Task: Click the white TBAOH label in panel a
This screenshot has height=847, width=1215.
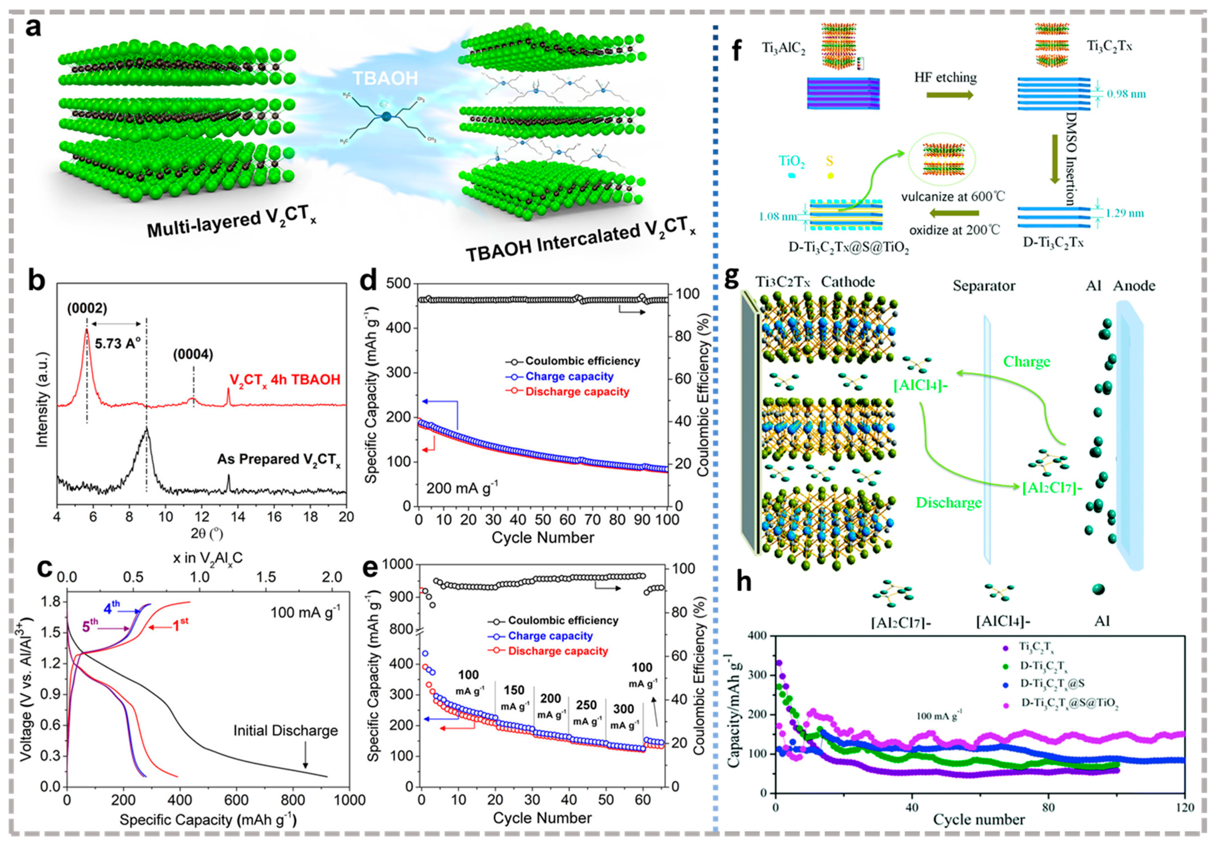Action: [385, 78]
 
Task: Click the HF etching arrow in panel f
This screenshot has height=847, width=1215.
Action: [949, 95]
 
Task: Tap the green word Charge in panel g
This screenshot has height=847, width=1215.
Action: [1027, 362]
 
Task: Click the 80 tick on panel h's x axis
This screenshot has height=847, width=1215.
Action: [1048, 808]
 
